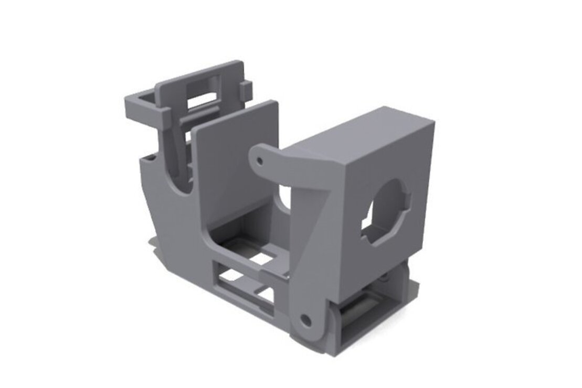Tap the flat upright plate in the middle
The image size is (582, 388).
(x=236, y=157)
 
